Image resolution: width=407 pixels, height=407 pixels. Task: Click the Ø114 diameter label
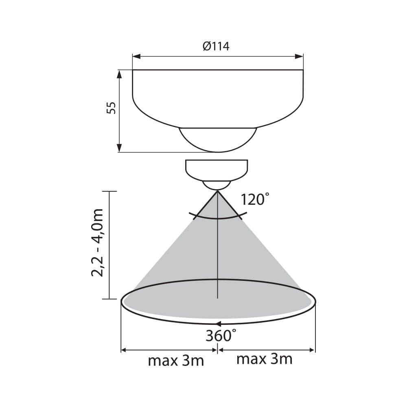(216, 46)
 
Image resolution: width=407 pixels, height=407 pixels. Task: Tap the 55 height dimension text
(112, 108)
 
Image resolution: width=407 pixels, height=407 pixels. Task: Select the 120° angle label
(255, 199)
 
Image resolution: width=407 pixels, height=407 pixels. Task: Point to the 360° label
(221, 336)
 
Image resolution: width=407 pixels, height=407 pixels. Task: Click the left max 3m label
(176, 361)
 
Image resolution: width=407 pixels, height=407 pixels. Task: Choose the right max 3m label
(265, 359)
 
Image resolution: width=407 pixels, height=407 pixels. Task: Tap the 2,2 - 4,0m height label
(97, 243)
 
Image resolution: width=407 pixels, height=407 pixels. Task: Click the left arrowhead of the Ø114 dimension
(136, 56)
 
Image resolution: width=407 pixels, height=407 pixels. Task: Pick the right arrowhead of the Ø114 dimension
(299, 56)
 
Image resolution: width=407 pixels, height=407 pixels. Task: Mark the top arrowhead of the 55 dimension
(119, 74)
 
